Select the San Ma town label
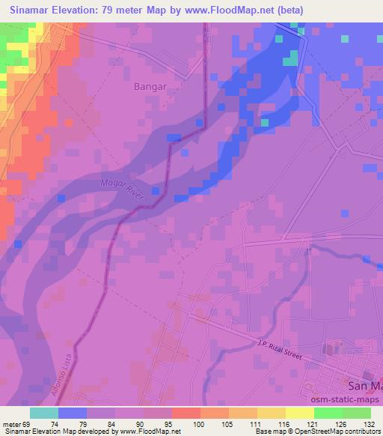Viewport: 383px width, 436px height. coord(365,386)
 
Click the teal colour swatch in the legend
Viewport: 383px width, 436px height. coord(44,413)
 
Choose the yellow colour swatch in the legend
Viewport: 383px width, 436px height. coord(300,413)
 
